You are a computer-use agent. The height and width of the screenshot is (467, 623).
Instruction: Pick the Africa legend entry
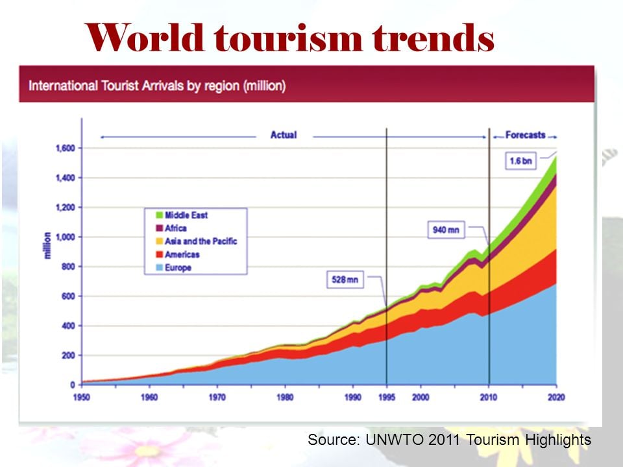pyautogui.click(x=175, y=228)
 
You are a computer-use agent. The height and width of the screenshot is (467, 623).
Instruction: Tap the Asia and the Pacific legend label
pyautogui.click(x=201, y=241)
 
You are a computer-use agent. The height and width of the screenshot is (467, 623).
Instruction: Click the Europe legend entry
pyautogui.click(x=178, y=267)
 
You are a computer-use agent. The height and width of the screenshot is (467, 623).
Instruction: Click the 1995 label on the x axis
pyautogui.click(x=387, y=397)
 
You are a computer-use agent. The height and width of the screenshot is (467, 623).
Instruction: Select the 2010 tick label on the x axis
pyautogui.click(x=489, y=397)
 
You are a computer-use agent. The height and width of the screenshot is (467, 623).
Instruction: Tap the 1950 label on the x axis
pyautogui.click(x=82, y=397)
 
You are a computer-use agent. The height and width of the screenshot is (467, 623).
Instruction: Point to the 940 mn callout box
pyautogui.click(x=447, y=230)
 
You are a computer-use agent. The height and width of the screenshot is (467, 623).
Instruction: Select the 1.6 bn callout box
pyautogui.click(x=520, y=161)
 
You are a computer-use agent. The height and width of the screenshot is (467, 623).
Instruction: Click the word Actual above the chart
pyautogui.click(x=284, y=135)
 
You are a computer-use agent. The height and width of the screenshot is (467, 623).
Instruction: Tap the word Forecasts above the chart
pyautogui.click(x=525, y=135)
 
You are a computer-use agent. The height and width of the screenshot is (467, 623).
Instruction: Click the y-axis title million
pyautogui.click(x=47, y=245)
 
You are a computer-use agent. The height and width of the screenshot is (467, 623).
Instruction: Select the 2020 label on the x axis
pyautogui.click(x=556, y=397)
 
